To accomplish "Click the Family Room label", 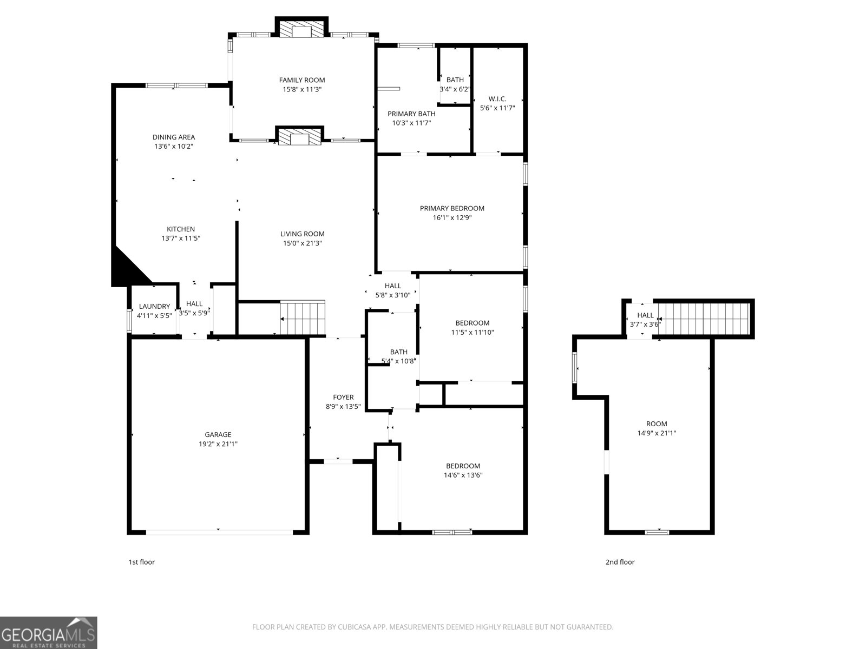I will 302,80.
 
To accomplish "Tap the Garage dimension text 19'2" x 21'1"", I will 218,444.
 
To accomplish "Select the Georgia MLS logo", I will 49,633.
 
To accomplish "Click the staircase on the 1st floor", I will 303,319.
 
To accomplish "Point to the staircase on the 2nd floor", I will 704,319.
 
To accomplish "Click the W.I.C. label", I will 497,98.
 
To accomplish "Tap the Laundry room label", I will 154,306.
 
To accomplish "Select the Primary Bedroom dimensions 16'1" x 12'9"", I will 452,218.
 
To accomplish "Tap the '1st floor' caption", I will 141,562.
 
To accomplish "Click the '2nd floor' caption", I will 620,562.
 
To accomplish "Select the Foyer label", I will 343,397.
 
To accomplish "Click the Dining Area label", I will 174,137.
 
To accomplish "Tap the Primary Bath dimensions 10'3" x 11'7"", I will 411,123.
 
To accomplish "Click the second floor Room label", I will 657,423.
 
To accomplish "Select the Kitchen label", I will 181,229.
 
